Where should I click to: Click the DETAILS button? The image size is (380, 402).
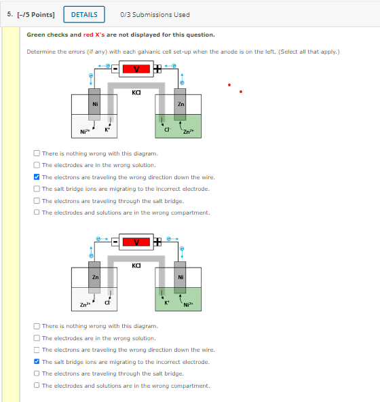84,14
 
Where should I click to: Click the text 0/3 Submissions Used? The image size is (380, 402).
155,14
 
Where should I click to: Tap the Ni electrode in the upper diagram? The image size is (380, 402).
94,105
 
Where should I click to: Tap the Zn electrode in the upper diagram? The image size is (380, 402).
180,105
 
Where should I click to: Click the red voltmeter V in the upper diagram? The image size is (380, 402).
138,69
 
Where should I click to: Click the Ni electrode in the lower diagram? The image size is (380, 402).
180,278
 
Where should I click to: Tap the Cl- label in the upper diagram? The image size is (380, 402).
166,129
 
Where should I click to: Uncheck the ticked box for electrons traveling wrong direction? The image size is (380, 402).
37,177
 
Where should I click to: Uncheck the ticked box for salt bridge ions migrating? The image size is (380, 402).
37,362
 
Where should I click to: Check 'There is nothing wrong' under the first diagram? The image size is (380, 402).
37,153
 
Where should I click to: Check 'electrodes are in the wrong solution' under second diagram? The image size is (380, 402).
37,338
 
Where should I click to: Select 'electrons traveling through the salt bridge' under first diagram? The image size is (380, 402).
37,200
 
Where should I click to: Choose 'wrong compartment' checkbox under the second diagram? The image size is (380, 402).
37,385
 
